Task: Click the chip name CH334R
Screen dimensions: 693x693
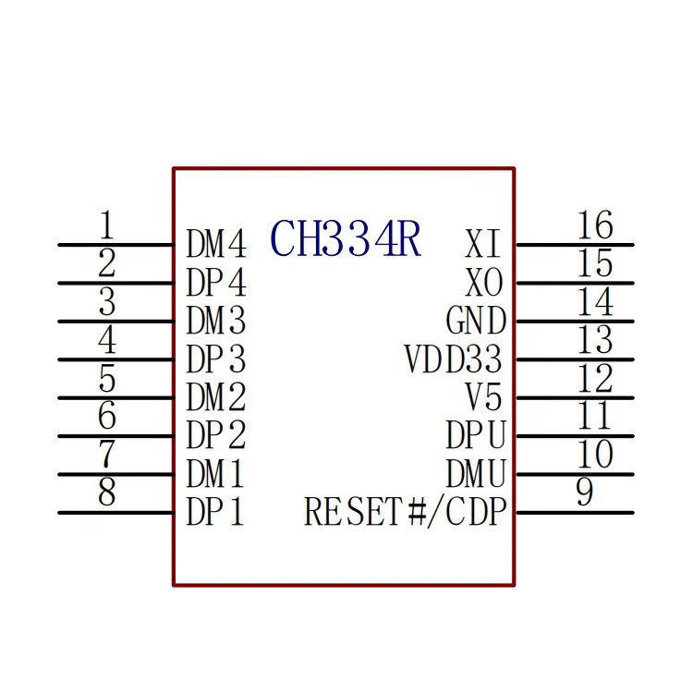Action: point(346,240)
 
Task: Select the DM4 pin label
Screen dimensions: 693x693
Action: point(216,245)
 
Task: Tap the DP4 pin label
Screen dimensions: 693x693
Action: point(216,282)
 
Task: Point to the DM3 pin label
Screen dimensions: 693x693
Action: point(216,321)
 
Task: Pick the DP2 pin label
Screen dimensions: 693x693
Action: point(216,434)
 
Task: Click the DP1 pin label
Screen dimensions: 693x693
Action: point(216,512)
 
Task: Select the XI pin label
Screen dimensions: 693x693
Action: point(483,245)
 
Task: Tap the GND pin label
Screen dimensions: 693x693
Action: point(476,322)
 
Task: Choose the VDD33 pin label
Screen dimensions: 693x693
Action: point(454,359)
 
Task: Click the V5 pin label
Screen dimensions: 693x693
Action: point(483,397)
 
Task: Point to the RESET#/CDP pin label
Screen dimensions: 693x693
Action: point(406,512)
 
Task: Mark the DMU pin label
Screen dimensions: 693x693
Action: point(476,474)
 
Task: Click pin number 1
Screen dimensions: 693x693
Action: point(107,225)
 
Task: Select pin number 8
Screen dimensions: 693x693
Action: point(107,493)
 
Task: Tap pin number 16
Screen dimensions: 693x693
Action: point(594,225)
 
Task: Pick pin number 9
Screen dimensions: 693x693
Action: point(584,493)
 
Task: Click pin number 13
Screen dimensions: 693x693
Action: point(594,340)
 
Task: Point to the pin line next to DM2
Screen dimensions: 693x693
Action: point(115,398)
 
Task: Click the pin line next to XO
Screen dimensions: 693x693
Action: point(574,283)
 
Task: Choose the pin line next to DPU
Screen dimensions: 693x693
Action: point(574,436)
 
